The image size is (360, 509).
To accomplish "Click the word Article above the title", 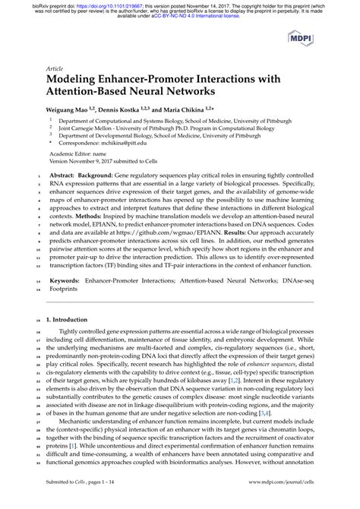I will point(55,66).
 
